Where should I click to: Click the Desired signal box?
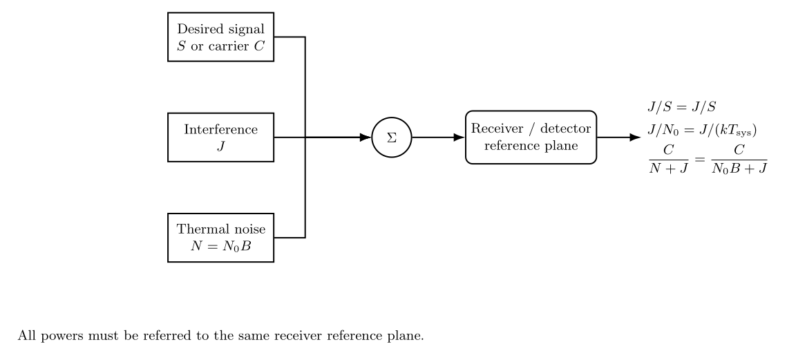point(221,37)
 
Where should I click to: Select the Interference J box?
point(221,137)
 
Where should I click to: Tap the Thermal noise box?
point(221,238)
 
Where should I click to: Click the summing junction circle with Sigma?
point(392,137)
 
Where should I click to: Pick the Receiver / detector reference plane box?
point(531,137)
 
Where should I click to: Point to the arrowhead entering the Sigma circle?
point(366,137)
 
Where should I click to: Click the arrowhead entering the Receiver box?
point(459,137)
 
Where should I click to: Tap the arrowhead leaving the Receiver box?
point(636,137)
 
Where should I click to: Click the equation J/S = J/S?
point(681,107)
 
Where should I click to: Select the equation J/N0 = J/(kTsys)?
point(702,130)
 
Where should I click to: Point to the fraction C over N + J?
point(669,159)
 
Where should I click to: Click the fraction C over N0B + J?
point(739,159)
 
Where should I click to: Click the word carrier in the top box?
point(229,47)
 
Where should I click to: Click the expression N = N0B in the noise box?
point(221,247)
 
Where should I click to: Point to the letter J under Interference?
point(221,146)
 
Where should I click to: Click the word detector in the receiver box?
point(566,129)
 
